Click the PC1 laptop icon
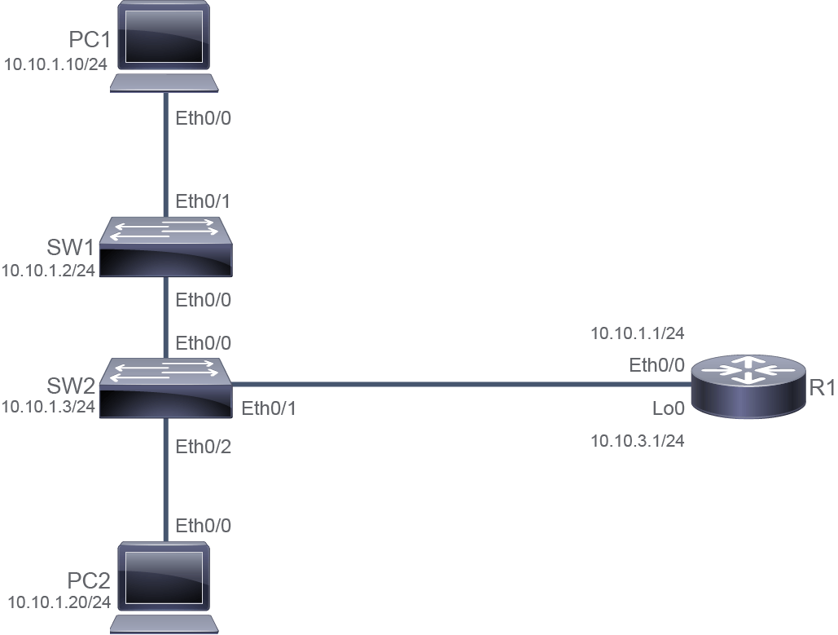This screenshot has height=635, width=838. pos(164,46)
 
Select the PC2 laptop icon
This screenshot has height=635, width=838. pos(164,588)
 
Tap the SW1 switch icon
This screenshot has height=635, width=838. pos(165,247)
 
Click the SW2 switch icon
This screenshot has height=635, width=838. pos(165,388)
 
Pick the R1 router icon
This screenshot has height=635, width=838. pos(748,386)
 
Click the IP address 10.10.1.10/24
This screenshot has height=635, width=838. pos(55,64)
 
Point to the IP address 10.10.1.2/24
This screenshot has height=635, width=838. pos(48,271)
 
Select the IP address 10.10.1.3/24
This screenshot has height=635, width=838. pos(48,407)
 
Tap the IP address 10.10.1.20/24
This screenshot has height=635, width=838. pos(59,602)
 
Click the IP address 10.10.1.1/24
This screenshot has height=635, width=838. pos(638,333)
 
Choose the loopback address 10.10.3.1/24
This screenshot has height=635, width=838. pos(638,441)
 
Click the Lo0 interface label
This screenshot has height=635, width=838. pos(669,408)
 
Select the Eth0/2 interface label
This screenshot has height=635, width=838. pos(204,447)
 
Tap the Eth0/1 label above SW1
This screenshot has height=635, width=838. pos(204,201)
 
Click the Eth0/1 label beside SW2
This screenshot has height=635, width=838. pos(269,408)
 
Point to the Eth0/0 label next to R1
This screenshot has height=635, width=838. pos(657,365)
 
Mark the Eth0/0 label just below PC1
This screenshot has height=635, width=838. pos(204,118)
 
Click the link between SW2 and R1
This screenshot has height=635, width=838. pos(462,384)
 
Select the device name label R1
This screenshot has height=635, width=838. pos(823,388)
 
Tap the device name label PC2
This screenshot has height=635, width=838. pos(89,580)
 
